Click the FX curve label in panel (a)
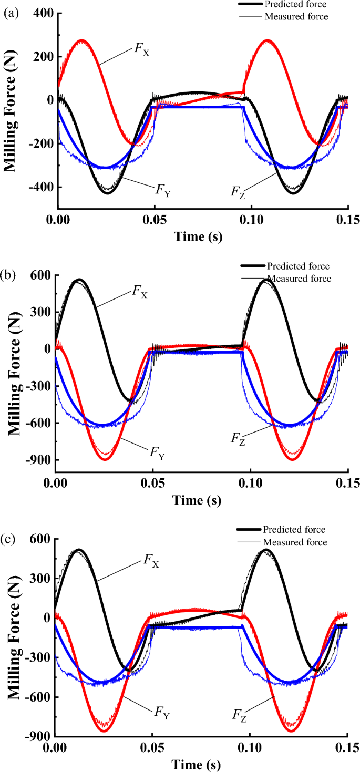pyautogui.click(x=140, y=51)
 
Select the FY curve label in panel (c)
pyautogui.click(x=162, y=712)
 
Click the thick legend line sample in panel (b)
pyautogui.click(x=253, y=266)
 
